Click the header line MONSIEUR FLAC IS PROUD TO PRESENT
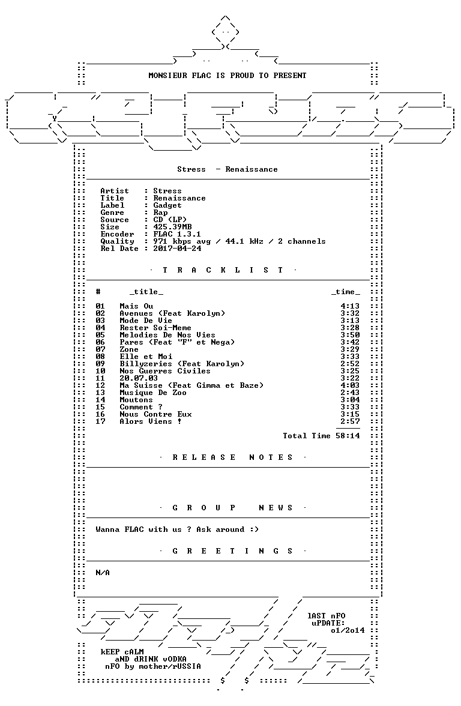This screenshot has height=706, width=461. pos(227,76)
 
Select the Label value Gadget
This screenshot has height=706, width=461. pos(167,205)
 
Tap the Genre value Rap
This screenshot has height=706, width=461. pos(160,213)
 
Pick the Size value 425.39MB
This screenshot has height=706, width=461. pos(172,227)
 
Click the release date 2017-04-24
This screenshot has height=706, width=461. pos(178,249)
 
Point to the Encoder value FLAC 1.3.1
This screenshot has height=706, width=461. pos(177,234)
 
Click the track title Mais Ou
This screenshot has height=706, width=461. pos(136,306)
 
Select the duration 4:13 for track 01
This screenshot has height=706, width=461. pos(350,306)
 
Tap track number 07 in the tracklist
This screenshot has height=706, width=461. pos(100,349)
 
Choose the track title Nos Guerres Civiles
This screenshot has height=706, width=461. pos(164,371)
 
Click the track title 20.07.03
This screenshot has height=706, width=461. pos(139,378)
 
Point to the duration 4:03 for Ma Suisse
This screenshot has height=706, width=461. pos(350,385)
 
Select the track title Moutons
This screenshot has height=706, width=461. pos(136,400)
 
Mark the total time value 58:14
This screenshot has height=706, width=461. pos(348,436)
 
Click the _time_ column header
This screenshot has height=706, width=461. pos(346,292)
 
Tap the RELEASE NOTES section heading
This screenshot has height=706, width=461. pos(233,457)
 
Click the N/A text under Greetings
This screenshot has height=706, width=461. pos(103,573)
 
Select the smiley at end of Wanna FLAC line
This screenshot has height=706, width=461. pos(255,529)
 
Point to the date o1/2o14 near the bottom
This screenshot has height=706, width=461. pos(348,630)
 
